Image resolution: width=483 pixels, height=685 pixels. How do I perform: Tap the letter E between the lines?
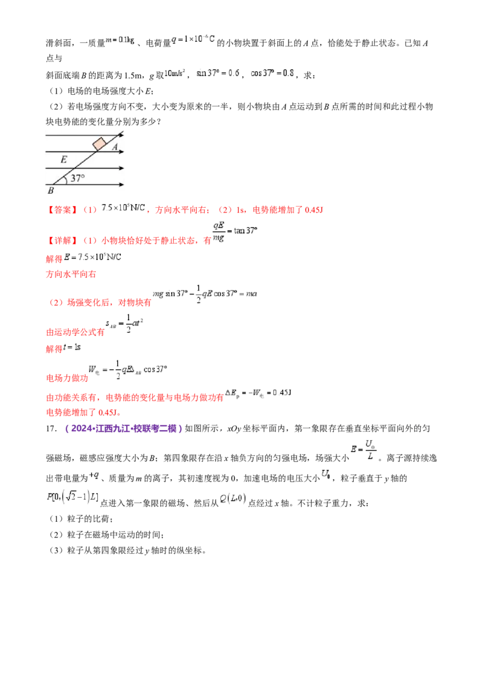coord(63,160)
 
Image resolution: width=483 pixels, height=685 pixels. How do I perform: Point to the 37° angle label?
coord(78,178)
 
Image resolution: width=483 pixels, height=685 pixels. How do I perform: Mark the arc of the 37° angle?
coord(67,179)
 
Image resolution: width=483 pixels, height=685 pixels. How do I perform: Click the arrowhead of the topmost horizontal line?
coord(122,136)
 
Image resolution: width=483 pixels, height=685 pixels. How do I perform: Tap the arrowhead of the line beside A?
coord(122,152)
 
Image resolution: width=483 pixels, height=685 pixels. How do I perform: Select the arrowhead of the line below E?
coord(122,168)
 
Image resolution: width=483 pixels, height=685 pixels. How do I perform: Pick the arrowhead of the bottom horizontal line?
coord(122,184)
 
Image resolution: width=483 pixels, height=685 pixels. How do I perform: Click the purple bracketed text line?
coord(123,428)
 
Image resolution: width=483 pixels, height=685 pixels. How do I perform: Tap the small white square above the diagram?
coord(65,60)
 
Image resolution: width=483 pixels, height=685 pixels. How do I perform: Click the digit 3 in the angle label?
coord(74,178)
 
